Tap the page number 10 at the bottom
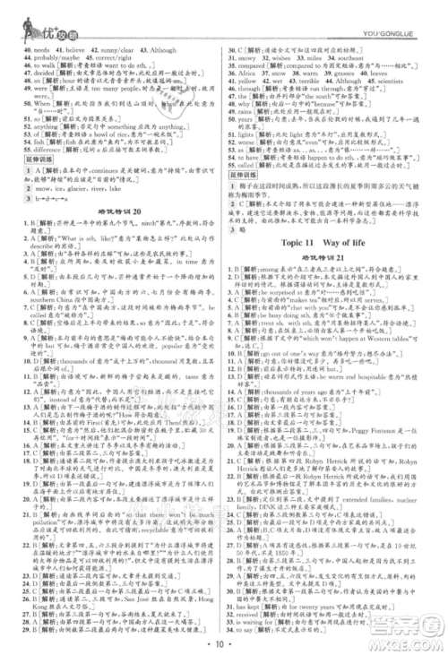[224, 642]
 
